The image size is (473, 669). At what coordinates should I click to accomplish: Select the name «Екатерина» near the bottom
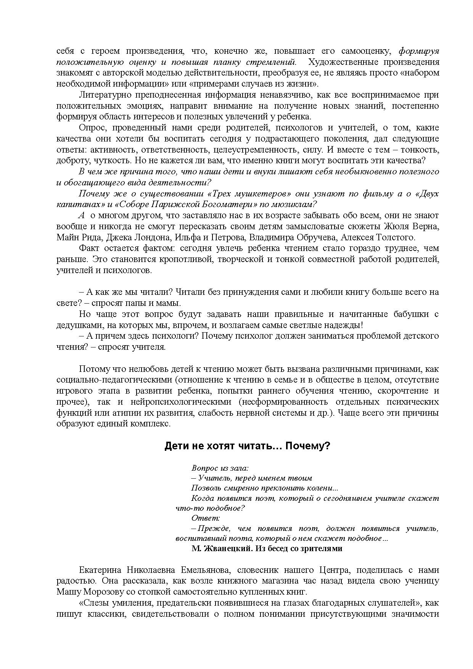pyautogui.click(x=100, y=570)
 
